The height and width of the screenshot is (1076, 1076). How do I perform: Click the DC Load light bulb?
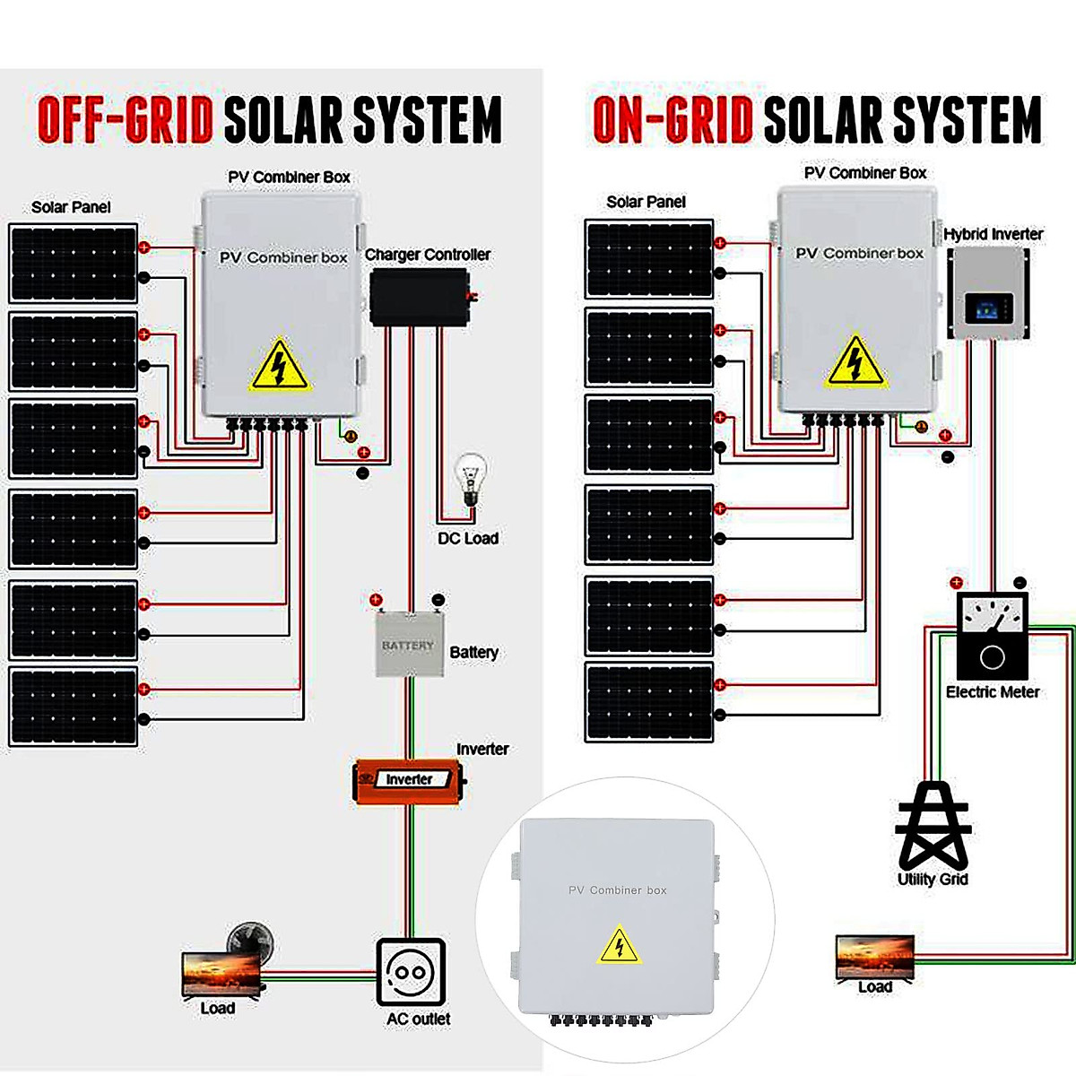coord(470,481)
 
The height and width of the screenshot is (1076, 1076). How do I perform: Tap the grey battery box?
coord(409,645)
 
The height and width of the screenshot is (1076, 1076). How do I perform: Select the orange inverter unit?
coord(409,780)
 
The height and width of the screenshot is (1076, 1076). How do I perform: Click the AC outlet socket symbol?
coord(411,972)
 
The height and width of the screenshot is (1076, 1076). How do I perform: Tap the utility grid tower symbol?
coord(933,825)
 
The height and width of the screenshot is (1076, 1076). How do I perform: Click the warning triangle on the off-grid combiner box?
coord(279,367)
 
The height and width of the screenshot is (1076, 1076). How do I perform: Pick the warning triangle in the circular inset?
coord(619,946)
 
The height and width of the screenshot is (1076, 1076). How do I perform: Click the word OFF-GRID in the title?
coord(126,120)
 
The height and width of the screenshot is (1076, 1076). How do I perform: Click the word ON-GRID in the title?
coord(673,119)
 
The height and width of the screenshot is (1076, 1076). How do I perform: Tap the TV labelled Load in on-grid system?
coord(874,957)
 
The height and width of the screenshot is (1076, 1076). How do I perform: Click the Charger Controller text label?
coord(427,255)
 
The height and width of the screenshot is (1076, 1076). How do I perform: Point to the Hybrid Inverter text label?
coord(993,234)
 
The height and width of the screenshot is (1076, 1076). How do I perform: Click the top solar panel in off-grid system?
coord(74,263)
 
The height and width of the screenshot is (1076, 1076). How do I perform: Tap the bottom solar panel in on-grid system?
coord(649,703)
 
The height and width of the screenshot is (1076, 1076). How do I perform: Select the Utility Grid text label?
coord(933,880)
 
